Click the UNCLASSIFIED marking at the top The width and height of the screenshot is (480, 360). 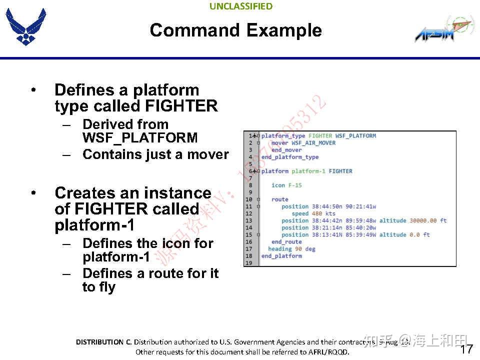[x=240, y=6]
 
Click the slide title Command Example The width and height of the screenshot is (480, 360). [x=235, y=30]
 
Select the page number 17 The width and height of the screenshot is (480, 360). [x=466, y=349]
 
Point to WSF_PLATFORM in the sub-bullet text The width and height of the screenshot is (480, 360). [x=140, y=138]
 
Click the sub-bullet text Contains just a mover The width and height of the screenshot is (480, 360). [x=155, y=154]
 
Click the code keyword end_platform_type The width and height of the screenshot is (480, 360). [x=289, y=157]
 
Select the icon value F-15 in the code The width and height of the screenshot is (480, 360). [x=294, y=185]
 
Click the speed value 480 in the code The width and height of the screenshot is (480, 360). [x=316, y=213]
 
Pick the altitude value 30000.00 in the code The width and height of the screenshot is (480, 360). [x=423, y=220]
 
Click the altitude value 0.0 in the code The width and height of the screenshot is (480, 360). [x=414, y=234]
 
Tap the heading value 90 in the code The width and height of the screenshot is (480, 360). [x=298, y=249]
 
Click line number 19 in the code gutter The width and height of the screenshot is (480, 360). [x=248, y=263]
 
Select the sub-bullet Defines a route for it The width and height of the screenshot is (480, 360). [x=150, y=273]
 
